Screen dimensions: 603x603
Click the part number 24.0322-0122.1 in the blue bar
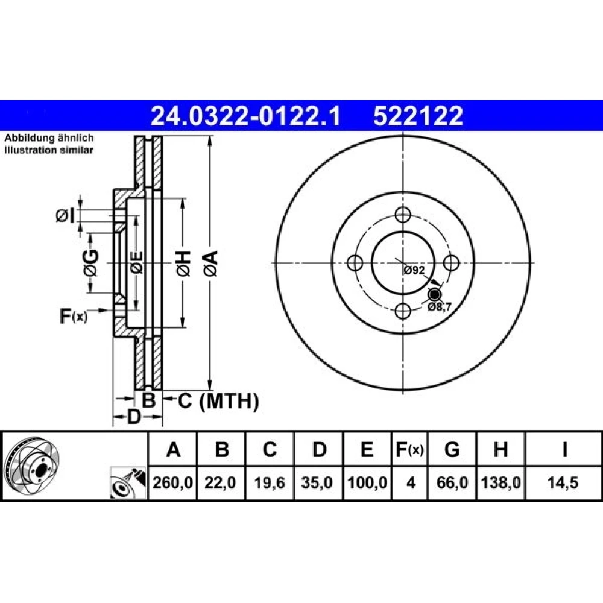(245, 116)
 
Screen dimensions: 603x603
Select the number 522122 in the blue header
(418, 116)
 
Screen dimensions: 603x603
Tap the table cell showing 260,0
(172, 482)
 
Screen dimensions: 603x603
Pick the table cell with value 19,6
(270, 482)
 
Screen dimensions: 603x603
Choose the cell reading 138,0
(500, 482)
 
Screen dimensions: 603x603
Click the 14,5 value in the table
(563, 482)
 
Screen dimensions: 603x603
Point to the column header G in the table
(452, 449)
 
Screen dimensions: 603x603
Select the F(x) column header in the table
(409, 449)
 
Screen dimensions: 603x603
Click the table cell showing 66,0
(452, 482)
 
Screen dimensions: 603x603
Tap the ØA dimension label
(211, 264)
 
